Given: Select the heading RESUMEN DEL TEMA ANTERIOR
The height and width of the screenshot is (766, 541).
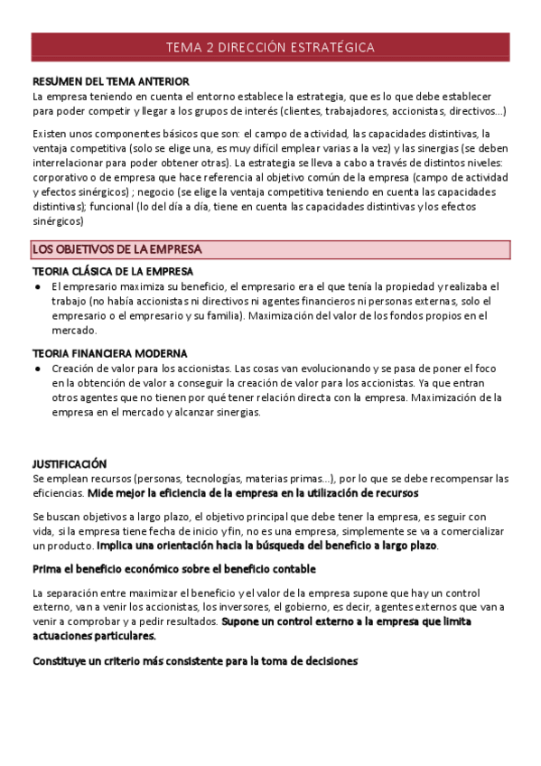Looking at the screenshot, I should click(111, 81).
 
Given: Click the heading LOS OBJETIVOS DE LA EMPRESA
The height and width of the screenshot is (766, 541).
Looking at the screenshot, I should click(117, 248).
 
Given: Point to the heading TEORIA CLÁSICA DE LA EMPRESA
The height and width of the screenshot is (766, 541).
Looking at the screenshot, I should click(113, 272).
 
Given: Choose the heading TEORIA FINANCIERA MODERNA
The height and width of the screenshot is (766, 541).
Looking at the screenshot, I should click(109, 353).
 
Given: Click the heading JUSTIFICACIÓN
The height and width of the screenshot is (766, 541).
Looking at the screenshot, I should click(70, 463).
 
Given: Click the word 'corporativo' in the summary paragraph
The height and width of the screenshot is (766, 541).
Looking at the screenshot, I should click(60, 177).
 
